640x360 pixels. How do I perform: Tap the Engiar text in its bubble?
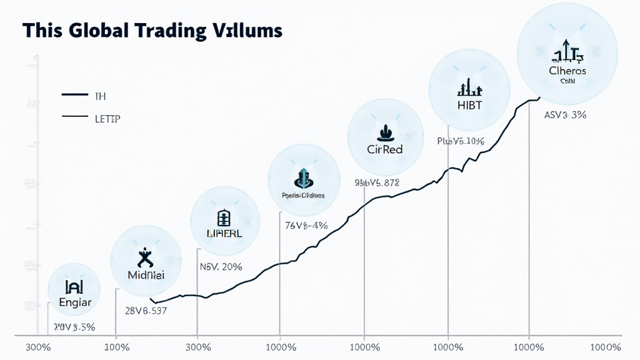click(x=75, y=302)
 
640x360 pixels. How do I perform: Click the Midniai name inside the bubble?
click(x=145, y=275)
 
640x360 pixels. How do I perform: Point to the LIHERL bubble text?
click(x=224, y=233)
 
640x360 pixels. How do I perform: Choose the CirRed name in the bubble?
click(x=384, y=149)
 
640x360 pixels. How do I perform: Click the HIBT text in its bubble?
click(x=469, y=105)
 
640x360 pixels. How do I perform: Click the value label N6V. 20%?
click(x=221, y=267)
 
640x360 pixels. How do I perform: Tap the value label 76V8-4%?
click(x=306, y=225)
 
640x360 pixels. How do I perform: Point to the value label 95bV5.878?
click(x=376, y=183)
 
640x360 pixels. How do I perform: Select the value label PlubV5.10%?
click(x=461, y=141)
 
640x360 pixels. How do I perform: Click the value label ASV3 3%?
click(x=565, y=115)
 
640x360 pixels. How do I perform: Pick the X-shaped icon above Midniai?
click(x=144, y=257)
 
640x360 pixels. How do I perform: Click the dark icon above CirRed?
click(x=384, y=132)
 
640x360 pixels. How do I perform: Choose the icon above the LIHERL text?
click(x=224, y=217)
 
